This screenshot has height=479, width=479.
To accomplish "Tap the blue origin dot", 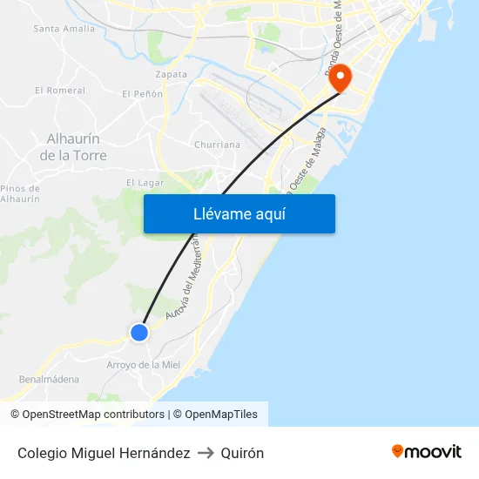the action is coord(138,332).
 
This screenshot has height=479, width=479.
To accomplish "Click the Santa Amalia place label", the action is coord(64,29).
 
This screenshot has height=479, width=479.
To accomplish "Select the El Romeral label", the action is coord(60,90).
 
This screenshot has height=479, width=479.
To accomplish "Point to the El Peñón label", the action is coord(142,93).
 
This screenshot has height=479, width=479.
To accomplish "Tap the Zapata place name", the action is coord(171,74).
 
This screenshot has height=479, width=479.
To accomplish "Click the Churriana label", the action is coord(218,145).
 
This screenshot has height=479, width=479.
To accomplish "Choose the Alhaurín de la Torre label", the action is coord(73,147).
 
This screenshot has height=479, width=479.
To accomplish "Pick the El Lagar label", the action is coord(145,183).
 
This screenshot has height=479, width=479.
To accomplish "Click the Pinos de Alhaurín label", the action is coord(20,193).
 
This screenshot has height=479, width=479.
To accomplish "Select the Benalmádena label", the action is coord(49,380).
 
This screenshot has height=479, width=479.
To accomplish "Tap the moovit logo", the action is coord(426,451).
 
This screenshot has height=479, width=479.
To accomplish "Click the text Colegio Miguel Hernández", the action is coord(104,453).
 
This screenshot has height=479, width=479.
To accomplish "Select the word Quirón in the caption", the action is coord(242,453).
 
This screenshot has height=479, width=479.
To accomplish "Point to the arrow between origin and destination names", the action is coord(206,453).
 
